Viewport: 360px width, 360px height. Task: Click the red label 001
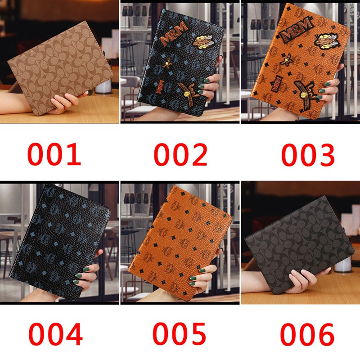pyautogui.click(x=54, y=154)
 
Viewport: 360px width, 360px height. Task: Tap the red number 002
pyautogui.click(x=180, y=154)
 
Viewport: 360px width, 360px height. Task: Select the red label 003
pyautogui.click(x=308, y=154)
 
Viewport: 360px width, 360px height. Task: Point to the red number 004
pyautogui.click(x=55, y=334)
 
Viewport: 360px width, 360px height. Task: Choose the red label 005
pyautogui.click(x=179, y=334)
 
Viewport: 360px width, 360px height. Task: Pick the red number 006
pyautogui.click(x=307, y=334)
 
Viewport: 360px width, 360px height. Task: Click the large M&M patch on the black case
pyautogui.click(x=173, y=33)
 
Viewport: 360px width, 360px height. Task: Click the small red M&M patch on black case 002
pyautogui.click(x=160, y=86)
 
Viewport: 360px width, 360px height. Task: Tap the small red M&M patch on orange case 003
pyautogui.click(x=277, y=84)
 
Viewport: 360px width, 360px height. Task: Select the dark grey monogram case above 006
pyautogui.click(x=299, y=245)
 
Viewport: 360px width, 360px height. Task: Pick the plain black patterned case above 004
pyautogui.click(x=60, y=241)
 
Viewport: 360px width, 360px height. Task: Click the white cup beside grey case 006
pyautogui.click(x=343, y=264)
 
